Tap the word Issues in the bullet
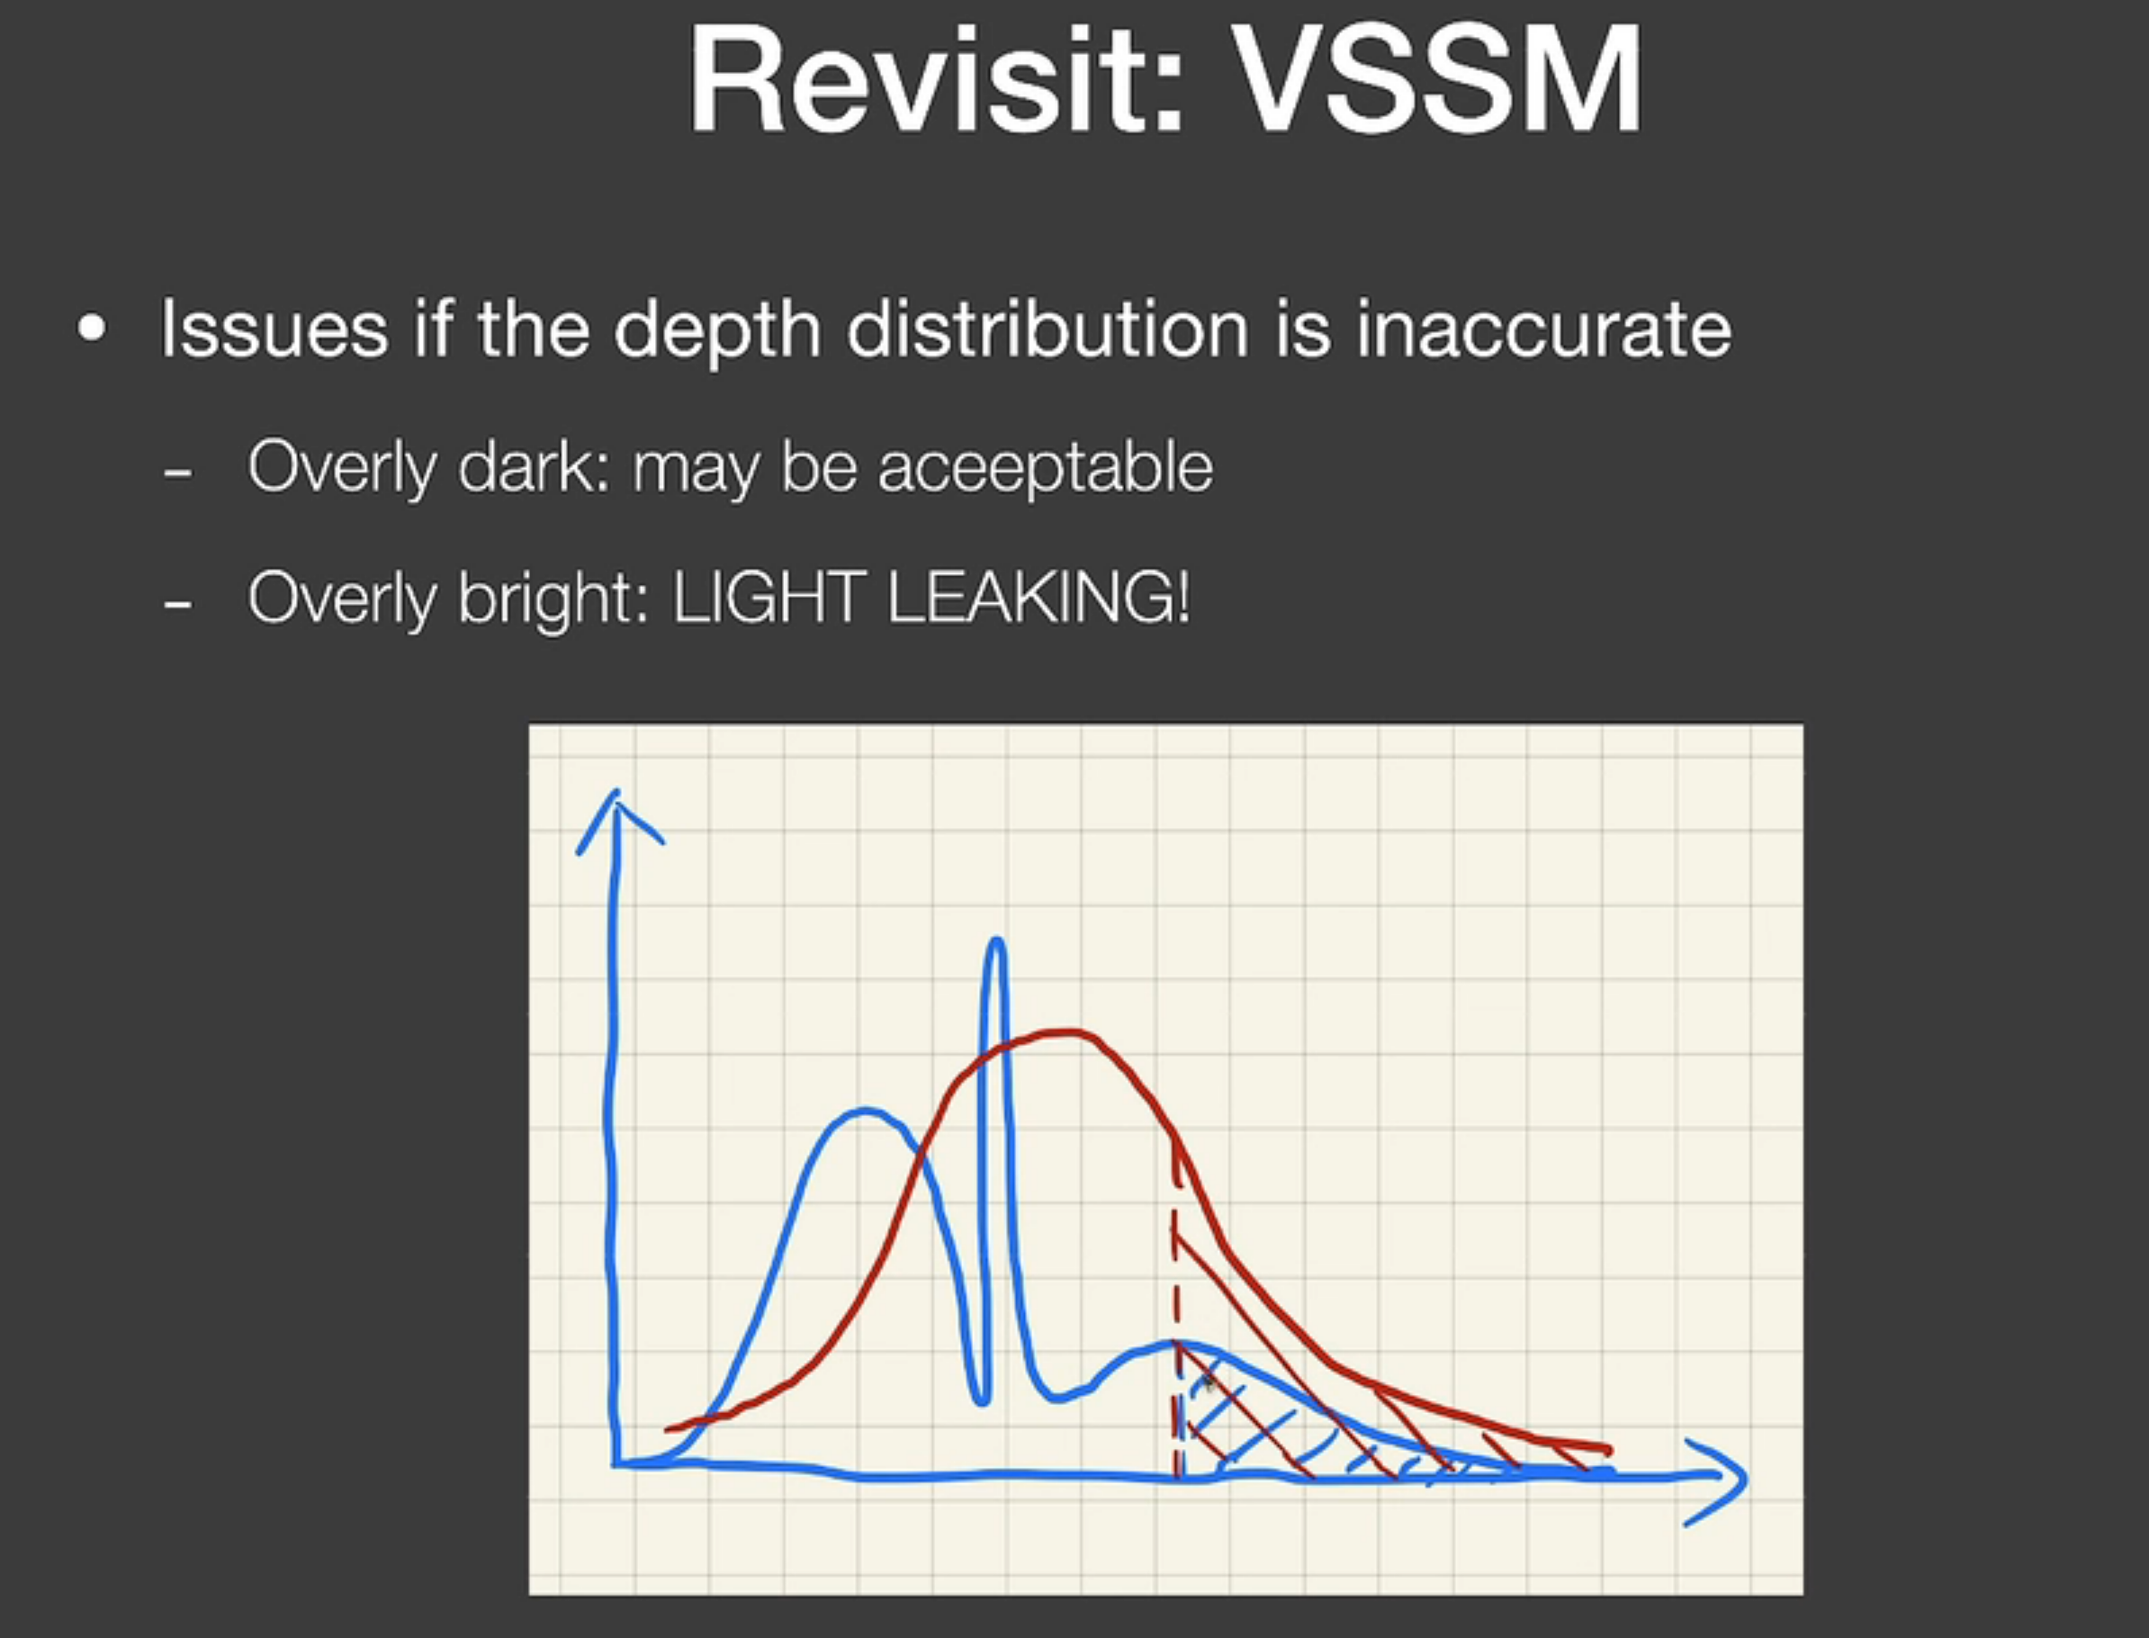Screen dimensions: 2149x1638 274,328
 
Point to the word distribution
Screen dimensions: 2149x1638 1048,328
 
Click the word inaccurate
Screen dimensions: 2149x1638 1543,328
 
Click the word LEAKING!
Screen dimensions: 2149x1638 1039,598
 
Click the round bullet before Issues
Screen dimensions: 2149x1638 92,328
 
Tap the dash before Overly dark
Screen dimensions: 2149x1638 177,473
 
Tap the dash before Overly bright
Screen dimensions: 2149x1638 177,606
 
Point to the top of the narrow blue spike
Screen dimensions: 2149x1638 995,940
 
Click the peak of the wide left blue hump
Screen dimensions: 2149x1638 864,1111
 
